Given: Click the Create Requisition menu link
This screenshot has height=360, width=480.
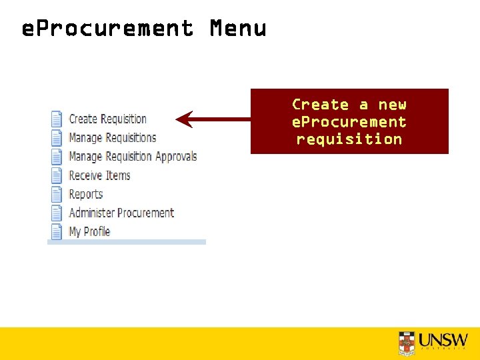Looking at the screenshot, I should coord(107,119).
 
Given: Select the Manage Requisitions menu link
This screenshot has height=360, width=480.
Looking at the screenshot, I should coord(112,138).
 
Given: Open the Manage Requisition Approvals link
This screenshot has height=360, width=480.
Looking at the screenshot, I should coord(133,157).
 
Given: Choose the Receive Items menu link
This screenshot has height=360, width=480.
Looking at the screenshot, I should coord(99,175).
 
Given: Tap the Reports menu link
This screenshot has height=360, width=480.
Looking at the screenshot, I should coord(86,194).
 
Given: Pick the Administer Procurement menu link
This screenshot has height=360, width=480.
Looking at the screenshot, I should coord(121,213).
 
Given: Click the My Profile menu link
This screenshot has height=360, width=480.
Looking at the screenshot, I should coord(89,231).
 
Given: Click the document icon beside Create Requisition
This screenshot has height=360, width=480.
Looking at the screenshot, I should coord(57,119).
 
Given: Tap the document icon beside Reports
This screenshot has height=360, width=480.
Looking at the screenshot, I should coord(57,194).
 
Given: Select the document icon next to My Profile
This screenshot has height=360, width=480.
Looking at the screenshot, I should coord(57,231).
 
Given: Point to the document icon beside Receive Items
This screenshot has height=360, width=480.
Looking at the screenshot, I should coord(57,175).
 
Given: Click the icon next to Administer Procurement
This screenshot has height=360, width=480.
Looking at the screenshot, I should coord(57,213).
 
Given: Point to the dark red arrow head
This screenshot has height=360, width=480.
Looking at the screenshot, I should coord(184,120).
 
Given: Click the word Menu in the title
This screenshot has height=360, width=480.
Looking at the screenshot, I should coord(238,29).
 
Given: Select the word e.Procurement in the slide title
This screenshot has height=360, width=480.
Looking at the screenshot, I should coord(107,29).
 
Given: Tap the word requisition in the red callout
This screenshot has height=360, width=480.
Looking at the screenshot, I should coord(349,139).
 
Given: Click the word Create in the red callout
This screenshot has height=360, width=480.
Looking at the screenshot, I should coord(321,105).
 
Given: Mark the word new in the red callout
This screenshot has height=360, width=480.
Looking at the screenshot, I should coord(392,105).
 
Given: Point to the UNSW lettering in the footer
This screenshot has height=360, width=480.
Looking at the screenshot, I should coord(444,339).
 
